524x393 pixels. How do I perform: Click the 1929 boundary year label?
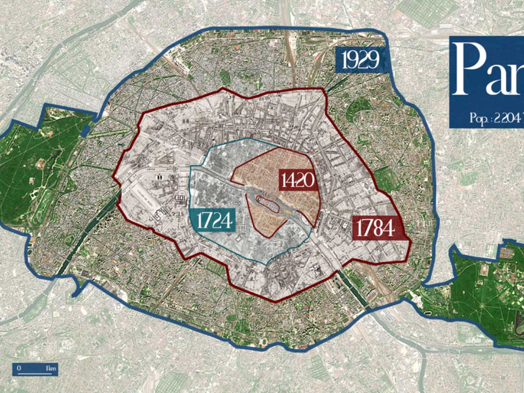pyautogui.click(x=361, y=60)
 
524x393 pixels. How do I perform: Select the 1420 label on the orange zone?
pyautogui.click(x=298, y=179)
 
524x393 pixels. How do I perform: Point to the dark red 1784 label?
pyautogui.click(x=376, y=228)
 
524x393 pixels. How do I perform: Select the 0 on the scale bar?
pyautogui.click(x=19, y=369)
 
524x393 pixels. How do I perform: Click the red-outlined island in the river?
pyautogui.click(x=267, y=203)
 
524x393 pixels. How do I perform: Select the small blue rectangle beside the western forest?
pyautogui.click(x=86, y=131)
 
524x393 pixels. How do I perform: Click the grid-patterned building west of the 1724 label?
pyautogui.click(x=180, y=201)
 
